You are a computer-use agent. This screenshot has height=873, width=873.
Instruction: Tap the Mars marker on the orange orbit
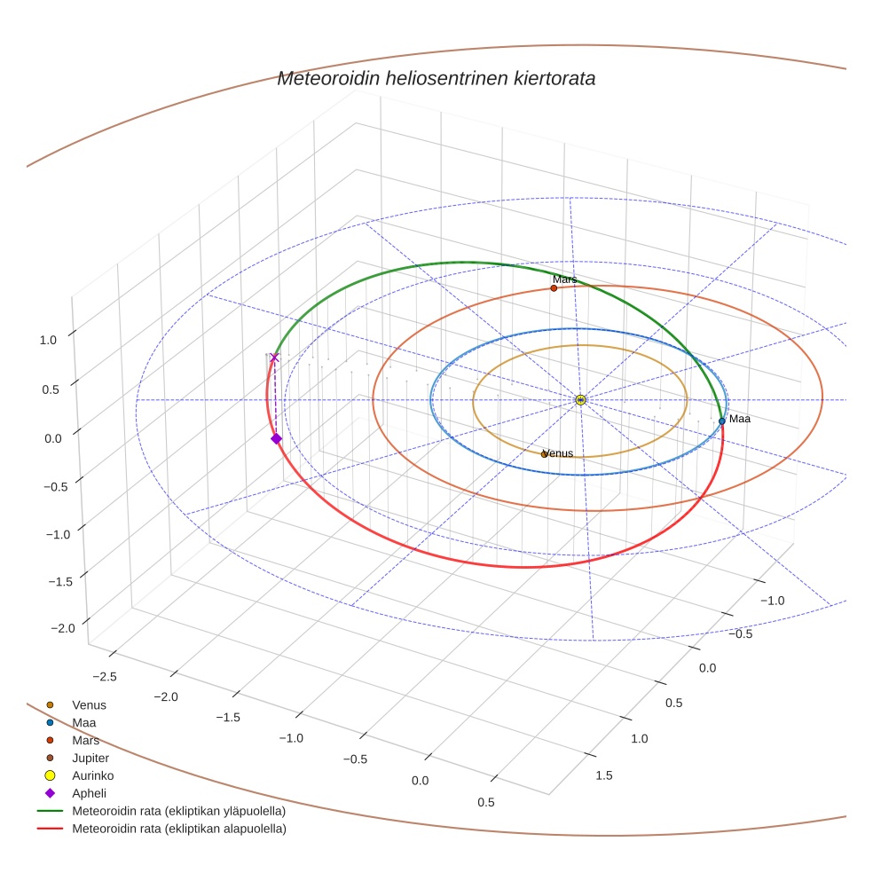point(554,288)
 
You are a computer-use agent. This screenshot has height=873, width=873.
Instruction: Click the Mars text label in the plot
point(564,279)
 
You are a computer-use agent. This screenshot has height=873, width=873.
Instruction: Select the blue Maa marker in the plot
point(722,421)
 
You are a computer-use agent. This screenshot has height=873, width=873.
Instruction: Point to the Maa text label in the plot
point(740,418)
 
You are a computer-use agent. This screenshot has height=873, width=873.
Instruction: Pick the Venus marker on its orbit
point(545,454)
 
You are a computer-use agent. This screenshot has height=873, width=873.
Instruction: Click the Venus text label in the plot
point(558,453)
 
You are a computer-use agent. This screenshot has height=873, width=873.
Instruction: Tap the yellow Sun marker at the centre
point(580,400)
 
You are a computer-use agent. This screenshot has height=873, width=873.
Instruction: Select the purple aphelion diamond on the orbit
point(276,438)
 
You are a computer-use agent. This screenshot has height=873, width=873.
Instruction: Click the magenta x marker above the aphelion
point(274,358)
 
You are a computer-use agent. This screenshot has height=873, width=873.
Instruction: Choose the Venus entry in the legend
point(89,705)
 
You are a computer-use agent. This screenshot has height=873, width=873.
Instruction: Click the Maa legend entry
point(84,723)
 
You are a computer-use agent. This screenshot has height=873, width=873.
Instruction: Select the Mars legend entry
point(85,740)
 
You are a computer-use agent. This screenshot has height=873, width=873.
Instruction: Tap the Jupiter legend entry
point(90,758)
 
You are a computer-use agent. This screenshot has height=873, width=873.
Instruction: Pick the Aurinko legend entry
point(92,775)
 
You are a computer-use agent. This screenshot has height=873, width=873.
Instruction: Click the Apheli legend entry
point(89,793)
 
